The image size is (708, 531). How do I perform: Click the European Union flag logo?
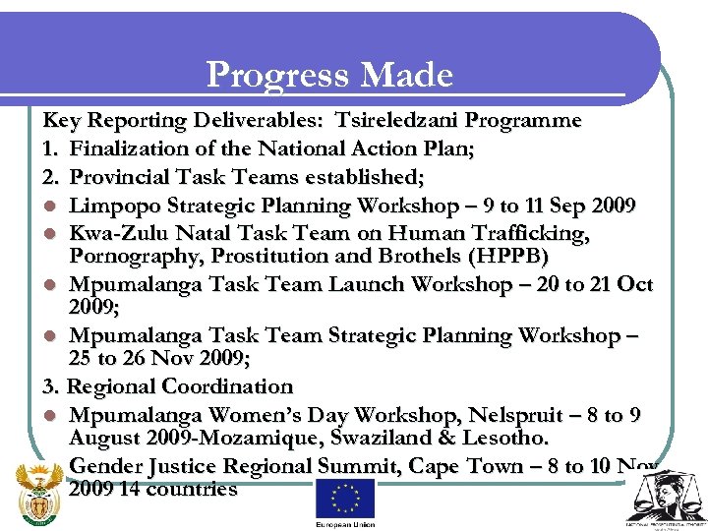click(344, 499)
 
